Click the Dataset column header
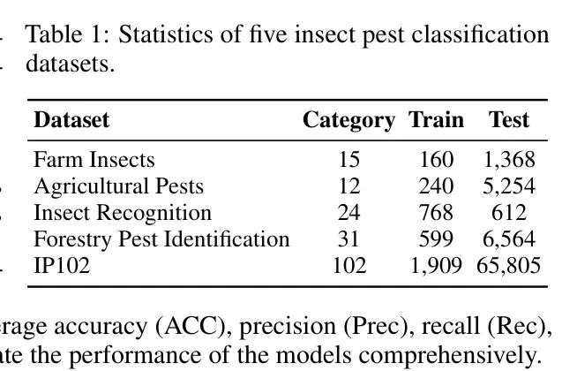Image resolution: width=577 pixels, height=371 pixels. [x=72, y=120]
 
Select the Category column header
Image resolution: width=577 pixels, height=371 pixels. [x=348, y=120]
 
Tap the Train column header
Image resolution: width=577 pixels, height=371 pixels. [x=436, y=120]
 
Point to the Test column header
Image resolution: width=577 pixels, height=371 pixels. [x=509, y=120]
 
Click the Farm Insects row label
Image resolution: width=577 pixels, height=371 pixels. [x=94, y=160]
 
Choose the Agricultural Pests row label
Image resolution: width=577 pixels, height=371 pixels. [x=118, y=186]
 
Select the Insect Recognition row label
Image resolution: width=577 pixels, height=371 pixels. [x=123, y=213]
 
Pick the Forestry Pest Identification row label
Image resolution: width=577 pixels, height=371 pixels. [x=161, y=239]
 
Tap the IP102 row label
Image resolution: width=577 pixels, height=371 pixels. [x=62, y=266]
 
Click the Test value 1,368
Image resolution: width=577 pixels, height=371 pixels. [x=509, y=160]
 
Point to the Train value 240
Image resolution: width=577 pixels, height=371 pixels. [x=437, y=186]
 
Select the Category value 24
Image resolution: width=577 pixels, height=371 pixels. [x=348, y=213]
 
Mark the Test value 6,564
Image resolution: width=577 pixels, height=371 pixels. [x=509, y=239]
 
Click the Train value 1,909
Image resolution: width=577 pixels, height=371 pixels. [x=436, y=266]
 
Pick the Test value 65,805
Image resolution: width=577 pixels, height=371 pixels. [x=508, y=266]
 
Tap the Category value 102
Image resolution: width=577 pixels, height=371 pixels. [x=348, y=266]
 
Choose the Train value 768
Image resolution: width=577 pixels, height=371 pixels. [x=437, y=213]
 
